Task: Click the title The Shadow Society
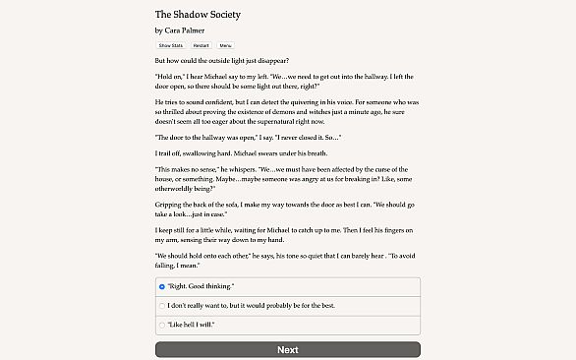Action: click(198, 15)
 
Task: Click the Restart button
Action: click(202, 46)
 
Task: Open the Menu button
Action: click(226, 46)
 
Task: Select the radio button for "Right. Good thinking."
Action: click(162, 287)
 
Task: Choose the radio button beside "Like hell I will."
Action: click(162, 324)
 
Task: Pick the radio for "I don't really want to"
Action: click(162, 305)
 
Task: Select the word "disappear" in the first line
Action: click(261, 60)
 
